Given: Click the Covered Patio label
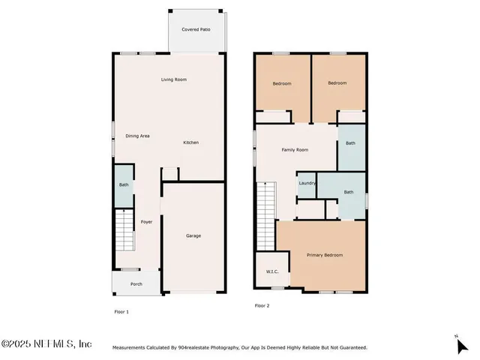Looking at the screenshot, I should pyautogui.click(x=196, y=29).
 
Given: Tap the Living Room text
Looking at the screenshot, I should pyautogui.click(x=174, y=79).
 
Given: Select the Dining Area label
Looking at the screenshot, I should pyautogui.click(x=137, y=136).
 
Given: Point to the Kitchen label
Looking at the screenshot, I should pyautogui.click(x=191, y=142).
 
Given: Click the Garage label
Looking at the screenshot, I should pyautogui.click(x=193, y=235).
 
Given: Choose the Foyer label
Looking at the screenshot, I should pyautogui.click(x=147, y=222).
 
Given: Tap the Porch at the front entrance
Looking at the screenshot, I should pyautogui.click(x=136, y=283).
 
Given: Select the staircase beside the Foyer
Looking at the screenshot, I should pyautogui.click(x=124, y=232).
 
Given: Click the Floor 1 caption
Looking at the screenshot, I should pyautogui.click(x=121, y=311).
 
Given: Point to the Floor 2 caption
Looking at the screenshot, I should pyautogui.click(x=262, y=305).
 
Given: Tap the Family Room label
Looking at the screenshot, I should pyautogui.click(x=295, y=150).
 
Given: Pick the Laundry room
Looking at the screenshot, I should pyautogui.click(x=307, y=184).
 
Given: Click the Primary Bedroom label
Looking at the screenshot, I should pyautogui.click(x=325, y=255).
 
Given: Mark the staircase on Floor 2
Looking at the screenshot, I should pyautogui.click(x=267, y=217).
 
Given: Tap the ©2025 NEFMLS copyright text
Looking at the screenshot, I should pyautogui.click(x=46, y=343).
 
